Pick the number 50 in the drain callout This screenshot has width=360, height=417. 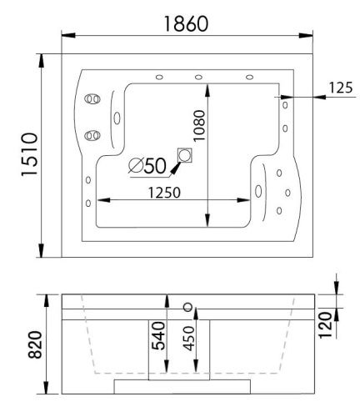click(x=156, y=165)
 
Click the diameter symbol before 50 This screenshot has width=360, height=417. click(x=136, y=165)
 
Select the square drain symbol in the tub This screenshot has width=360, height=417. click(x=185, y=155)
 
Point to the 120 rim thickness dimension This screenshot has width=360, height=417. click(x=326, y=319)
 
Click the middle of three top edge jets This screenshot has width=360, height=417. click(x=198, y=78)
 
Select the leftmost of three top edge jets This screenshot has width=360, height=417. click(x=157, y=78)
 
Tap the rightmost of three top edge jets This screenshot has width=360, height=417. click(x=249, y=78)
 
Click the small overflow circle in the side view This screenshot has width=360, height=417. click(x=187, y=307)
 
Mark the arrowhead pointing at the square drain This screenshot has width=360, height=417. click(x=174, y=169)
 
